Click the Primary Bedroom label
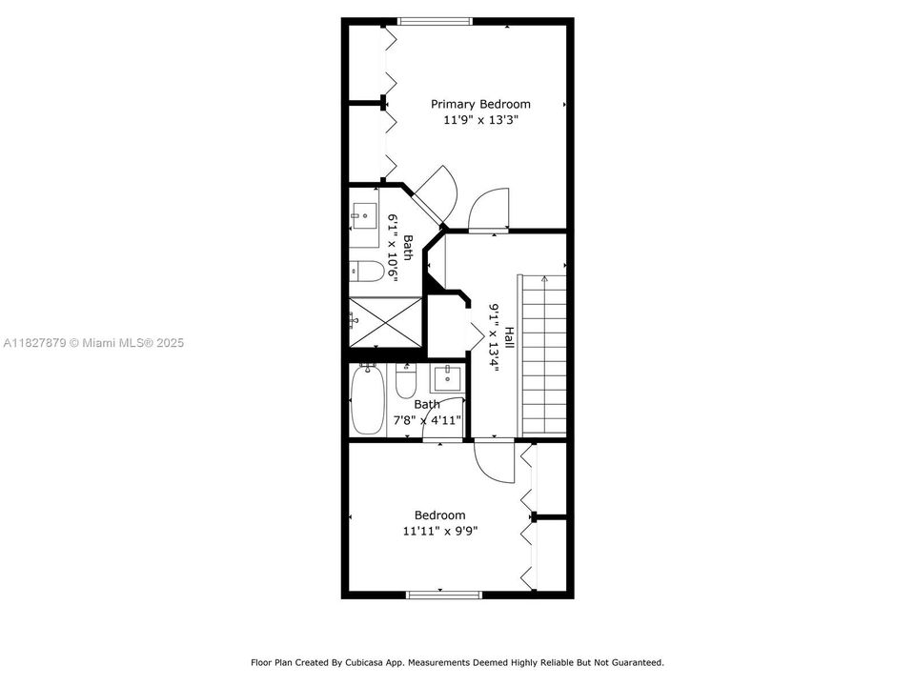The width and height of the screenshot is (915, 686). pyautogui.click(x=480, y=105)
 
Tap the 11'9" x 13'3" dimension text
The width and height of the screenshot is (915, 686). pyautogui.click(x=480, y=120)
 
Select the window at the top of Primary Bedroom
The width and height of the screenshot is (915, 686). pyautogui.click(x=435, y=22)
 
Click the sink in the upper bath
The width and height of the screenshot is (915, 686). pyautogui.click(x=365, y=216)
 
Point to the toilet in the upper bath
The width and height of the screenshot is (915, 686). pyautogui.click(x=367, y=271)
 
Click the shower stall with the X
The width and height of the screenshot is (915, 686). pyautogui.click(x=386, y=321)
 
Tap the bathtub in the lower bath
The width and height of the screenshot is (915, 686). pyautogui.click(x=368, y=400)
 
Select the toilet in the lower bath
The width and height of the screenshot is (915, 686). pyautogui.click(x=406, y=380)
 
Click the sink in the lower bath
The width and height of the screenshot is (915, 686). pyautogui.click(x=448, y=378)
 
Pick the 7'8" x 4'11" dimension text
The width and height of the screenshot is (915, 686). pyautogui.click(x=428, y=420)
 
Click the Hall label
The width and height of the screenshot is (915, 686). pyautogui.click(x=509, y=338)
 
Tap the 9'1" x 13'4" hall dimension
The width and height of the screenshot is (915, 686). pyautogui.click(x=495, y=337)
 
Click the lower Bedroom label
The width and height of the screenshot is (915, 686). pyautogui.click(x=440, y=515)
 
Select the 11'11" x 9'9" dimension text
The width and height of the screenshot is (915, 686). pyautogui.click(x=440, y=532)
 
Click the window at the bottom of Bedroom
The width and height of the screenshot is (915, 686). pyautogui.click(x=444, y=595)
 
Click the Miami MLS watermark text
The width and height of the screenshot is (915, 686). pyautogui.click(x=93, y=343)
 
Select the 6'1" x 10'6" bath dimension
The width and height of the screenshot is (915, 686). pyautogui.click(x=393, y=248)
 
